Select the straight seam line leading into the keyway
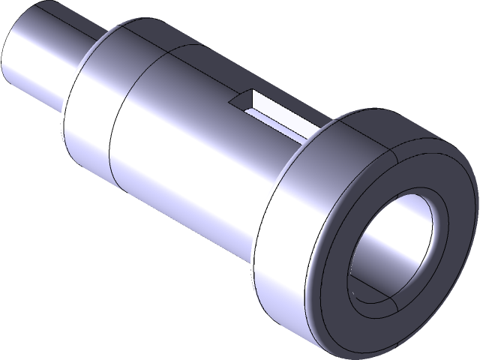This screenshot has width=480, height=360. (202, 75)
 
